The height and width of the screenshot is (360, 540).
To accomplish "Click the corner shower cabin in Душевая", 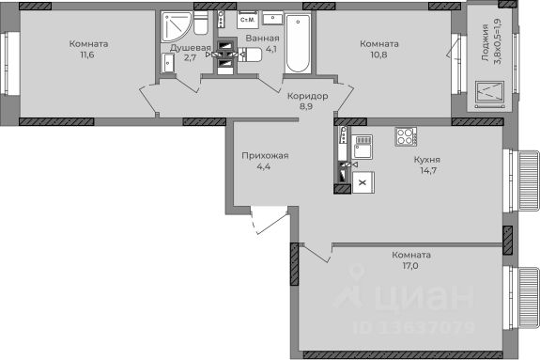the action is (177, 26).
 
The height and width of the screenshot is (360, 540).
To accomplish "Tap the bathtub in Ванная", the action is (298, 43).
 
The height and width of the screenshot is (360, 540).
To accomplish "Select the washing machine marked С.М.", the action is (248, 20).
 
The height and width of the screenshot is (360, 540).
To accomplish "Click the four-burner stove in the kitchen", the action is (406, 136).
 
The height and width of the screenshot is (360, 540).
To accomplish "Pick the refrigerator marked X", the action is (363, 182).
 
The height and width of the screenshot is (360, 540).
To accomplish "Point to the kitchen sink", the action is (362, 147).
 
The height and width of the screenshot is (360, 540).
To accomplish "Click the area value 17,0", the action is (411, 266).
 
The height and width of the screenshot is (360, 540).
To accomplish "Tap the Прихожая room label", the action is (265, 156).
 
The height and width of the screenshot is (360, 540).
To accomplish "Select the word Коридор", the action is (307, 96).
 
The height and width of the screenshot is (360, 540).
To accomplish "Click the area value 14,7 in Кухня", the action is (428, 170).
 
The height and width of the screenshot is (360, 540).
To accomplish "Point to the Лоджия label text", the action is (486, 42).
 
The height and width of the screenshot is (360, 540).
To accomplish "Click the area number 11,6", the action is (87, 55).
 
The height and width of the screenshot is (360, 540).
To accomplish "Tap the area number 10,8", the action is (378, 55).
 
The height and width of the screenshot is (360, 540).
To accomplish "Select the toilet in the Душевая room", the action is (200, 23).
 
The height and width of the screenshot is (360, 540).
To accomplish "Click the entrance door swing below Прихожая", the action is (270, 220).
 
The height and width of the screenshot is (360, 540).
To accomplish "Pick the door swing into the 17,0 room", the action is (316, 253).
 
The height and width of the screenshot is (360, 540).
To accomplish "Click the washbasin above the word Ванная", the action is (272, 18).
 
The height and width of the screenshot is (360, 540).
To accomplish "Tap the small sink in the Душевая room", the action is (168, 64).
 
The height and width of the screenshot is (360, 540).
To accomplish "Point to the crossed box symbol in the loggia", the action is (489, 92).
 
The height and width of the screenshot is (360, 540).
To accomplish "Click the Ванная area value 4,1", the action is (271, 49).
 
